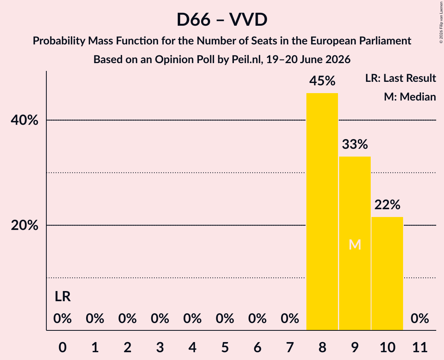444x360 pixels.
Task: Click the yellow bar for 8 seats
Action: pyautogui.click(x=322, y=212)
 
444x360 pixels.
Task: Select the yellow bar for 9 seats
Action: pyautogui.click(x=355, y=243)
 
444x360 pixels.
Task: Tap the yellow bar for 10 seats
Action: pyautogui.click(x=387, y=274)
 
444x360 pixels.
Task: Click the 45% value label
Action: pyautogui.click(x=322, y=81)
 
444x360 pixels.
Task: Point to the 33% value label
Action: pyautogui.click(x=355, y=144)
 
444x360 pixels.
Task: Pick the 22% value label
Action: pyautogui.click(x=387, y=205)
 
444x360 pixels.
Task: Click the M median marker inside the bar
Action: pyautogui.click(x=355, y=245)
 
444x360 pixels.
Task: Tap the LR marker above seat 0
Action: pyautogui.click(x=63, y=296)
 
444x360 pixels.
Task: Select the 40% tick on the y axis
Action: pyautogui.click(x=24, y=120)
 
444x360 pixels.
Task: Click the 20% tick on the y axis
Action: pyautogui.click(x=24, y=226)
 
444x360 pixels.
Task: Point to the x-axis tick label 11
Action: pyautogui.click(x=420, y=347)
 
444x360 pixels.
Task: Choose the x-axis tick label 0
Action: pyautogui.click(x=63, y=347)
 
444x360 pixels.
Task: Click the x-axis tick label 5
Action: pyautogui.click(x=225, y=347)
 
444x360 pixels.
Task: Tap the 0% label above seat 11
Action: pyautogui.click(x=420, y=319)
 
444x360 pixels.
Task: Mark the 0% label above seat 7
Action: pyautogui.click(x=290, y=319)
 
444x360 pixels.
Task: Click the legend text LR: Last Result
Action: pyautogui.click(x=400, y=78)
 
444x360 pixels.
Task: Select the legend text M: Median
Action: pyautogui.click(x=410, y=97)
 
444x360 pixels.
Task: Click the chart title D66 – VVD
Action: pyautogui.click(x=222, y=19)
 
